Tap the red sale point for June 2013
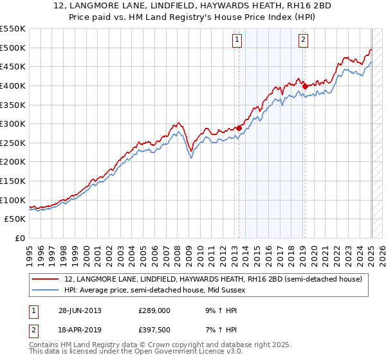click(x=239, y=128)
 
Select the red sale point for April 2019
click(x=304, y=86)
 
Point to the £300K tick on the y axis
click(x=14, y=123)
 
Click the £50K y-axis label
click(x=17, y=219)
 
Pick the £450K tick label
click(x=14, y=66)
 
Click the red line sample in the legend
click(x=46, y=280)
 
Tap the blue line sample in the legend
click(x=46, y=291)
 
